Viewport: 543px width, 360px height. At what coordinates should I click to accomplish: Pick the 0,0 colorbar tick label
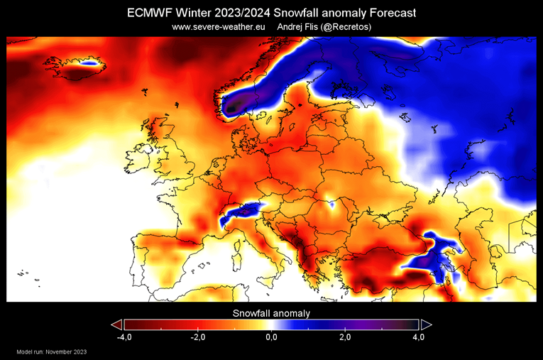272,337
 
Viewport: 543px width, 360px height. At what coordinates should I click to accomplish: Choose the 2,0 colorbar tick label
345,337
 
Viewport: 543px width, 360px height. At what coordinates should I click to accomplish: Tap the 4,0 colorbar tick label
419,337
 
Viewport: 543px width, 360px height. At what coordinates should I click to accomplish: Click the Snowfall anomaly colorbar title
271,312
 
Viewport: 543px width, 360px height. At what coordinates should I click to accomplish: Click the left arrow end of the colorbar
116,324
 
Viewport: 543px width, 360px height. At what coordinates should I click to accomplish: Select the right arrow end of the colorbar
426,324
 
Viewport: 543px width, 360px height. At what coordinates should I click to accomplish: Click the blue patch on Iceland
88,62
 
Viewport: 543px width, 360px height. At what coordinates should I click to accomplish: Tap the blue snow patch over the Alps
238,213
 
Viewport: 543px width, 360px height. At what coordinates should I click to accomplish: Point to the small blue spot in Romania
331,204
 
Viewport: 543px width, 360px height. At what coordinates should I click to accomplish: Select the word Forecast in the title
390,13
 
